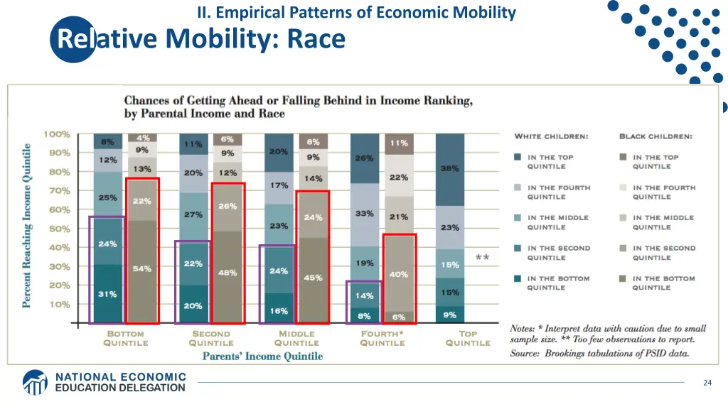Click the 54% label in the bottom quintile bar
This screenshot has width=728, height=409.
tap(141, 268)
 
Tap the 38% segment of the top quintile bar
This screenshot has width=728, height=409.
tap(449, 169)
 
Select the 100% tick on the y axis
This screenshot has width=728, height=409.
tap(57, 134)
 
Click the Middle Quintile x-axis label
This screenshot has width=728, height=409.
tap(296, 338)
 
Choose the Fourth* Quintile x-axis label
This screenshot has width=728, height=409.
tap(382, 338)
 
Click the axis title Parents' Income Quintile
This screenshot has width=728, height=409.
tap(262, 356)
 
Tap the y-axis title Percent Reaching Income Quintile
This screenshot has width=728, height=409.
tap(27, 225)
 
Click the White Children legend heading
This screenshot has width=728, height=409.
tap(551, 136)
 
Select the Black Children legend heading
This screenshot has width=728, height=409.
tap(655, 136)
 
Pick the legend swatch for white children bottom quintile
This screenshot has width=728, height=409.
tap(519, 279)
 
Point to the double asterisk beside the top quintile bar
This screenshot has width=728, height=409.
tap(482, 257)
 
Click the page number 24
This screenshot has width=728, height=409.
tap(707, 383)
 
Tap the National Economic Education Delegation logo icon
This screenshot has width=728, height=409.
tap(35, 382)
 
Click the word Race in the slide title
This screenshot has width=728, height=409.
tap(316, 38)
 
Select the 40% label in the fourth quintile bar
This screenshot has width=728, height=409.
tap(399, 274)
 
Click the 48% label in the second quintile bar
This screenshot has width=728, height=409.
tap(227, 272)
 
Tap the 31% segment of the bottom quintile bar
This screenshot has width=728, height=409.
tap(107, 294)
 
